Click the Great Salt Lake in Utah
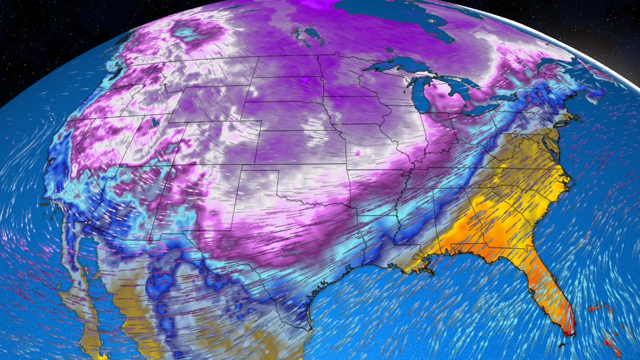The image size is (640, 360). (x=155, y=122)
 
